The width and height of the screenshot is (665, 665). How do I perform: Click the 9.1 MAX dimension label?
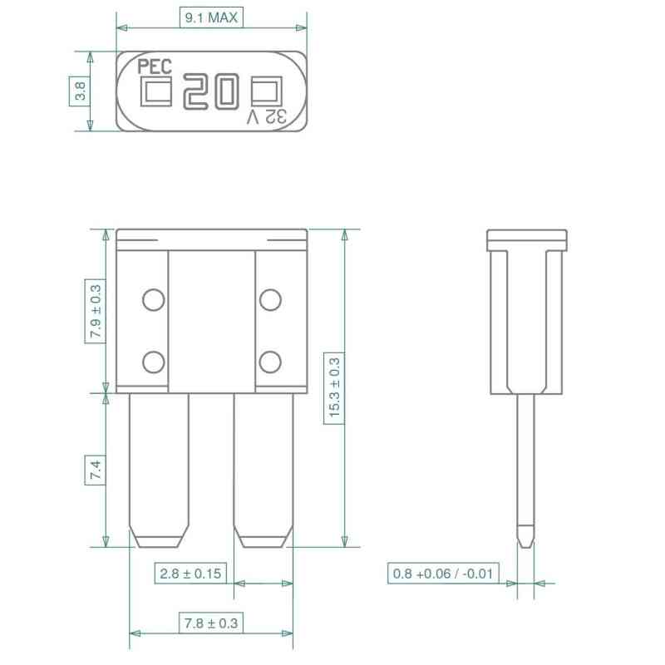click(211, 17)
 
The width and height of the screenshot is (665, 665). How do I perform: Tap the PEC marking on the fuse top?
click(155, 67)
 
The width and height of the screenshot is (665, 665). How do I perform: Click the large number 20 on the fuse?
click(211, 91)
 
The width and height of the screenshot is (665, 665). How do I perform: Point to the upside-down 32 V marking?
click(267, 117)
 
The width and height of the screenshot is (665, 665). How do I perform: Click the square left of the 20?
click(156, 93)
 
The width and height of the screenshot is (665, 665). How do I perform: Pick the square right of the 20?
click(265, 92)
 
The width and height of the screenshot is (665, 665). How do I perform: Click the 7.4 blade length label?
click(96, 471)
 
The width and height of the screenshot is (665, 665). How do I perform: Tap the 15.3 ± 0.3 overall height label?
click(335, 388)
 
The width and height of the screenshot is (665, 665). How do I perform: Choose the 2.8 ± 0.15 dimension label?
click(191, 574)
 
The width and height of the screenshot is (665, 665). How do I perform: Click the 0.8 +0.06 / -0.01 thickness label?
click(443, 574)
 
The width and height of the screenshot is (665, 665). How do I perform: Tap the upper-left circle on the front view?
click(153, 300)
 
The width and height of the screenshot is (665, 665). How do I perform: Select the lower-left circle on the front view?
click(153, 362)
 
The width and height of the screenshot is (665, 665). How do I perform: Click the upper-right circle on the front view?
click(268, 300)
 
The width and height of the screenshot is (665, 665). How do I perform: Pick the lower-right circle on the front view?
click(268, 362)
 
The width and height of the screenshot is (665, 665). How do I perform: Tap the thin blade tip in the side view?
click(525, 536)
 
